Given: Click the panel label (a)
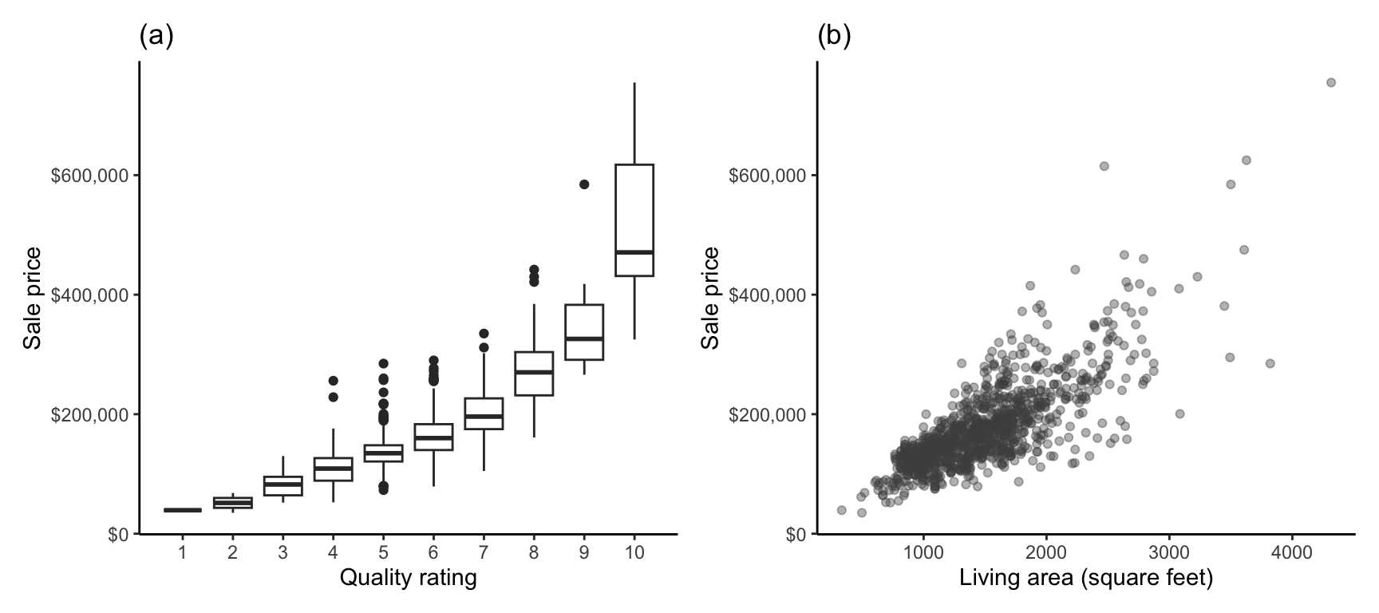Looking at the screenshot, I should point(156,36).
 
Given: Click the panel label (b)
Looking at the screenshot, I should point(834,36).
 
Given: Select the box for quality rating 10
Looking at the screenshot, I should point(634,220).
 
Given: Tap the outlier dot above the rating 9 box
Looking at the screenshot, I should point(584,184).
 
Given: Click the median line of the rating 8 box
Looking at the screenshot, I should point(534,372).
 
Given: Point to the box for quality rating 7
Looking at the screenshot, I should point(484,413).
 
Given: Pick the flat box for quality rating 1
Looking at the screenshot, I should point(183,510).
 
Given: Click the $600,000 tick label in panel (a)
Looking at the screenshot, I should point(89,176).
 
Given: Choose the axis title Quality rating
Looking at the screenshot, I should point(408,578).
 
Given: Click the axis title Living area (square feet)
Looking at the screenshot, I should point(1086,578).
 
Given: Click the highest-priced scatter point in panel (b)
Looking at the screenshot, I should point(1331,83).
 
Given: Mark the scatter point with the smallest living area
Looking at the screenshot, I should point(841,510).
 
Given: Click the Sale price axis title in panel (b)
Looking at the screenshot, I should point(710,299).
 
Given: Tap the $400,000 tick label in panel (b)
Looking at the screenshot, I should point(768,295).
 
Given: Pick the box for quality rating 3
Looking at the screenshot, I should point(283,486).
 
